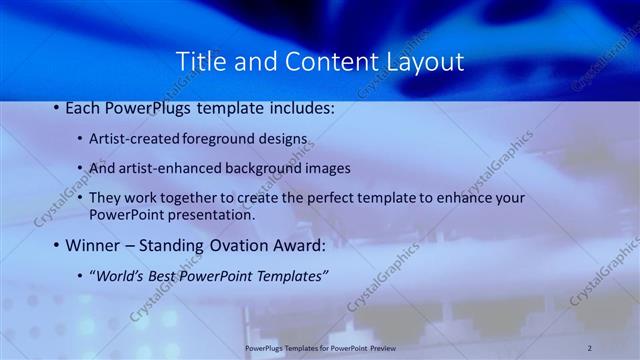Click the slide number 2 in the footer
click(590, 347)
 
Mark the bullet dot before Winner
click(56, 245)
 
